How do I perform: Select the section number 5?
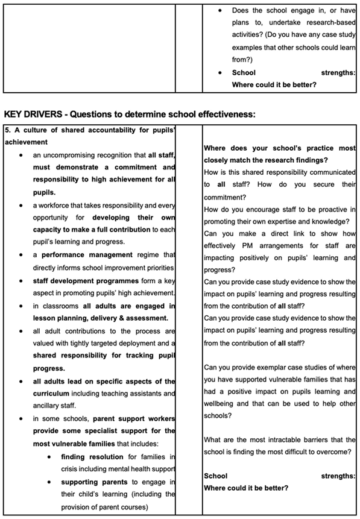click(x=7, y=130)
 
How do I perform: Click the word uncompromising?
click(x=77, y=155)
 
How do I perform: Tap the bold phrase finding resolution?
click(x=90, y=456)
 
